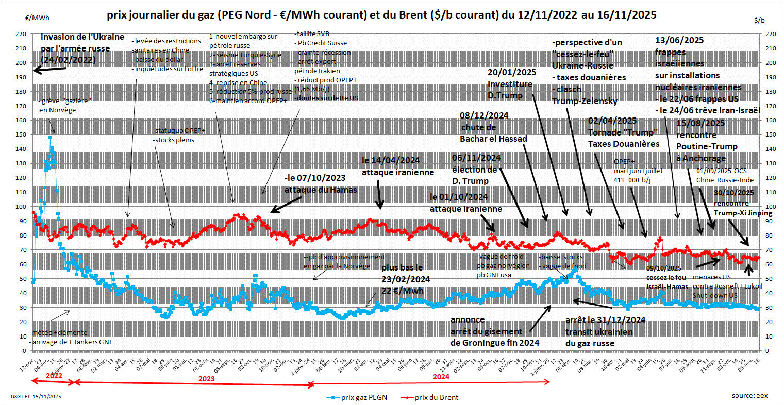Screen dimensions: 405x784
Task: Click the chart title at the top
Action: pyautogui.click(x=381, y=15)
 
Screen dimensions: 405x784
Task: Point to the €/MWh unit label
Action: pyautogui.click(x=37, y=18)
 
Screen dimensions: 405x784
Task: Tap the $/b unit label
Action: pyautogui.click(x=759, y=20)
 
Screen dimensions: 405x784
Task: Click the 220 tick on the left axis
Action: pyautogui.click(x=21, y=34)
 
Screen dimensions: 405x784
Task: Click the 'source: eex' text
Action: pyautogui.click(x=749, y=395)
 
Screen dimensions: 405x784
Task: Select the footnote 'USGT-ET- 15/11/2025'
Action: pyautogui.click(x=36, y=397)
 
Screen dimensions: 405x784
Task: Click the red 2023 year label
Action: pyautogui.click(x=206, y=378)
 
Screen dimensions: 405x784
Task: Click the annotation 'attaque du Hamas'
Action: pyautogui.click(x=321, y=190)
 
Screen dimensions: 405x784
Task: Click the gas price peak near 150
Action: pyautogui.click(x=50, y=137)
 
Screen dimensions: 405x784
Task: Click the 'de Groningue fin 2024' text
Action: pyautogui.click(x=495, y=343)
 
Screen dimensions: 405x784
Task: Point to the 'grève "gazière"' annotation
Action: pyautogui.click(x=60, y=101)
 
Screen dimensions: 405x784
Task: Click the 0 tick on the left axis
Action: pyautogui.click(x=24, y=351)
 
